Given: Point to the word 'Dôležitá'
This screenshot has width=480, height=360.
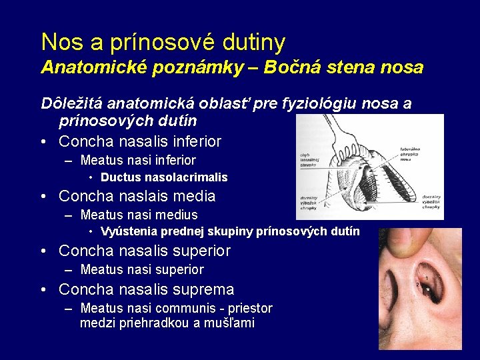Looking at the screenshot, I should [71, 104].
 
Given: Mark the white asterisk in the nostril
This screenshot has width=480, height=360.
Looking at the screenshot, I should [427, 290].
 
